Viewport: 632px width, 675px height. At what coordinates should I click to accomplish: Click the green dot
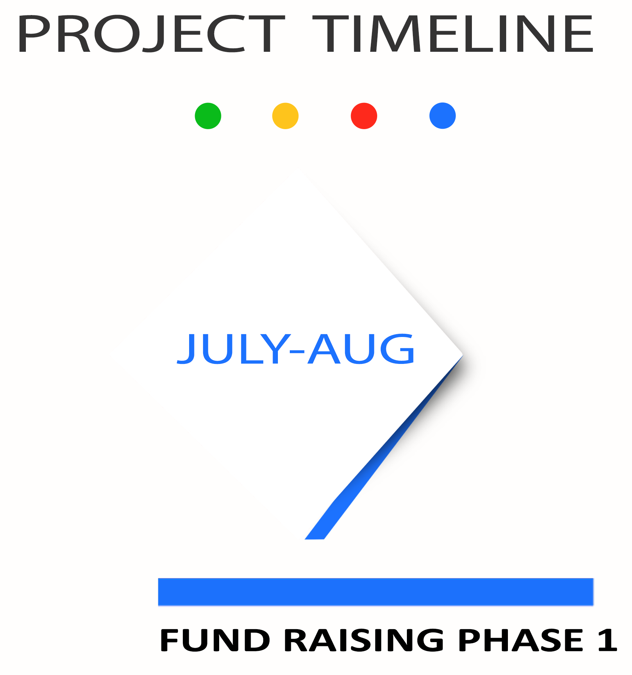coord(208,116)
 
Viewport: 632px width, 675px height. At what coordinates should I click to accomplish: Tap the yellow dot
coord(285,116)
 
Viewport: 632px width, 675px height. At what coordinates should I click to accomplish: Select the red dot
coord(364,116)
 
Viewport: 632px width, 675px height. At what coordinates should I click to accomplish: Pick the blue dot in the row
coord(443,115)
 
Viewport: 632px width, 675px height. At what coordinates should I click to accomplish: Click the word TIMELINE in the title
coord(453,34)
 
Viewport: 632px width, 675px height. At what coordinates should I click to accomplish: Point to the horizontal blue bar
coord(376,592)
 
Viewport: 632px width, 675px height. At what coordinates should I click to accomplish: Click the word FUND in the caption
coord(215,640)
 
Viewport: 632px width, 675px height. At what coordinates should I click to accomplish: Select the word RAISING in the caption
coord(364,640)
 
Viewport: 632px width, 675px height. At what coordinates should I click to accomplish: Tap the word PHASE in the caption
coord(521,640)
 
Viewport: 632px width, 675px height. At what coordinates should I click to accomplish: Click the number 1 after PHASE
coord(608,640)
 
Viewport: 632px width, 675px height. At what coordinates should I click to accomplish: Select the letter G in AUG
coord(397,349)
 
